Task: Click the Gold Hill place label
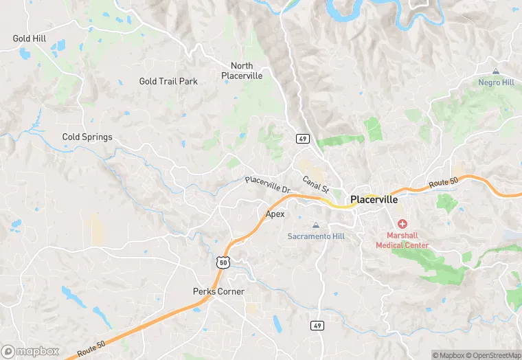coord(30,38)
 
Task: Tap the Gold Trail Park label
coord(168,81)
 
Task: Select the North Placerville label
coord(242,71)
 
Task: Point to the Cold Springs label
coord(87,137)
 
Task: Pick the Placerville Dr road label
coord(269,184)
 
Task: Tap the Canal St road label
coord(316,183)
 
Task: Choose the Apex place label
coord(275,214)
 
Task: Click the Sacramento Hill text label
coord(316,236)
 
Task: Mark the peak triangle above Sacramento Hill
coord(316,225)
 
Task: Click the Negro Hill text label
coord(496,82)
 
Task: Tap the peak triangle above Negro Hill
coord(496,71)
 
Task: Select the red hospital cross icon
coord(402,224)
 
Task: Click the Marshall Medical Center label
coord(402,240)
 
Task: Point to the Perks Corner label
coord(218,291)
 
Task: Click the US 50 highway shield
coord(221,261)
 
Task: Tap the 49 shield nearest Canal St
coord(302,139)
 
